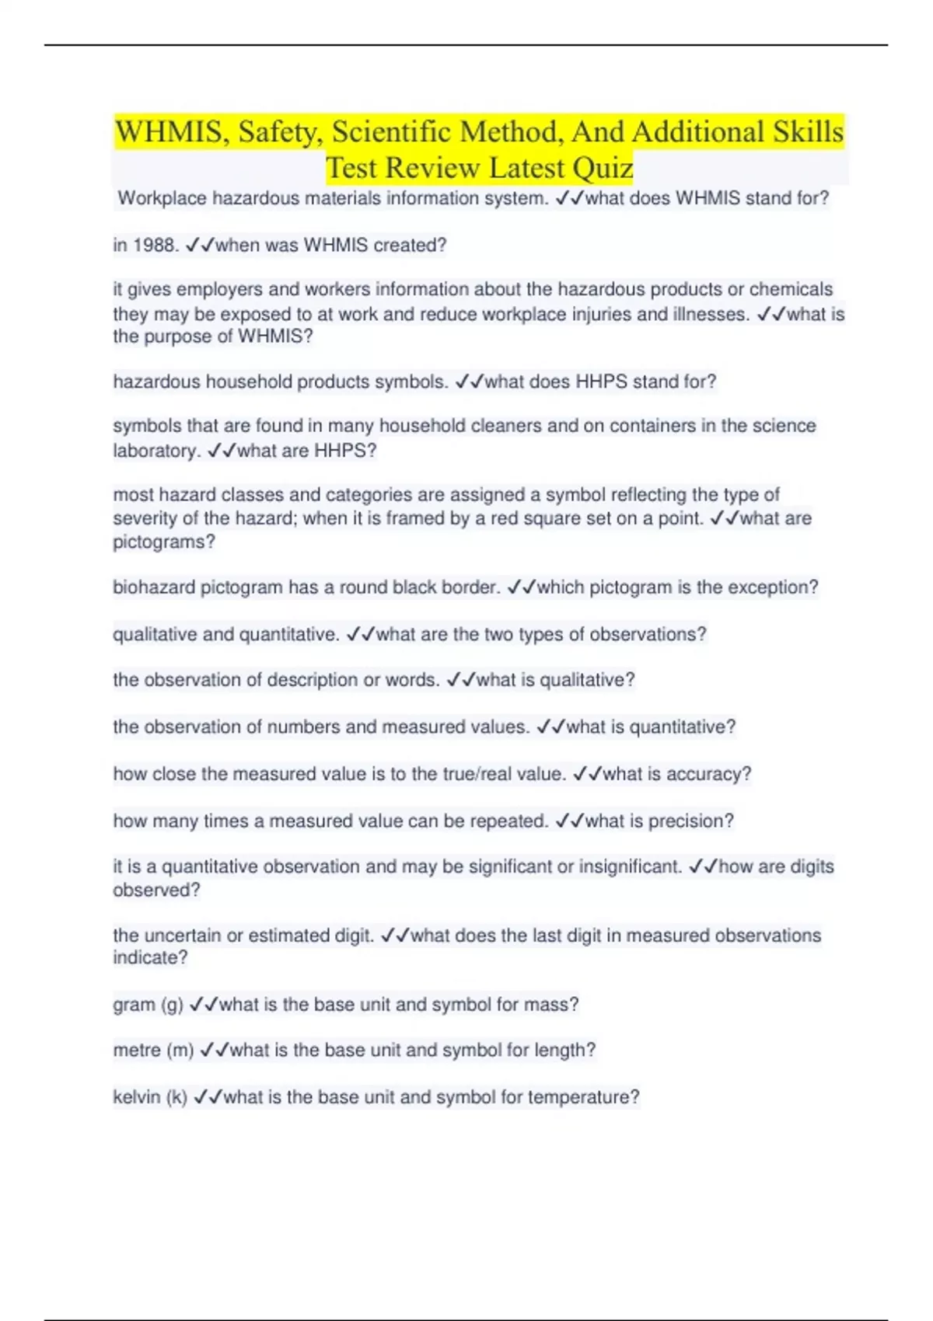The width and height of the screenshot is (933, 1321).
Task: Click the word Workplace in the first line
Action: pyautogui.click(x=162, y=199)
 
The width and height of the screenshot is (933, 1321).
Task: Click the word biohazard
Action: pyautogui.click(x=153, y=587)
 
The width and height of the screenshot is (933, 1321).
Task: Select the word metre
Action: pyautogui.click(x=137, y=1051)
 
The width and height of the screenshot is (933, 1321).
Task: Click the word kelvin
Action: pyautogui.click(x=136, y=1097)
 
